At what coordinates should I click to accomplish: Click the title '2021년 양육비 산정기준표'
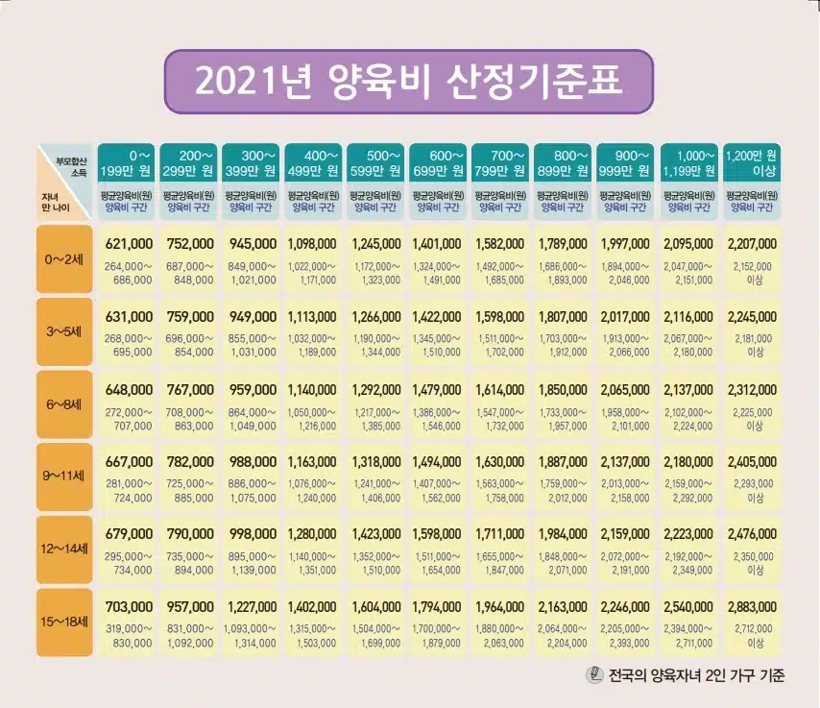[x=409, y=81]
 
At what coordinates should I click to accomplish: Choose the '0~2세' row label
[x=63, y=258]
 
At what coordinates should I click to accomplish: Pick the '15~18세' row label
[x=63, y=620]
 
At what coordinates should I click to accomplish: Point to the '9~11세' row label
[x=63, y=476]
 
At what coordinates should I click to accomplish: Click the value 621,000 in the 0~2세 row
[x=129, y=244]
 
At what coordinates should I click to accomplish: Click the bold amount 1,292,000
[x=377, y=389]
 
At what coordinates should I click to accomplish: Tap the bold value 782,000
[x=191, y=461]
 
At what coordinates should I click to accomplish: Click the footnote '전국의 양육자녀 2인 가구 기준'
[x=696, y=675]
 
